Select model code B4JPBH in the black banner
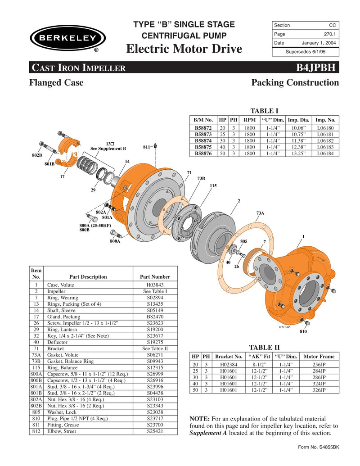tap(315, 68)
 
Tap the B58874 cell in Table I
tap(203, 141)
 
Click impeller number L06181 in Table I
tap(326, 135)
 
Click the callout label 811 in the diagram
tap(146, 147)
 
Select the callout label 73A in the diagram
tap(260, 213)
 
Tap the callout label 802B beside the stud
tap(37, 155)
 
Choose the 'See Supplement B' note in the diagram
tap(108, 148)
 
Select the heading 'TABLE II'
tap(264, 347)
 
